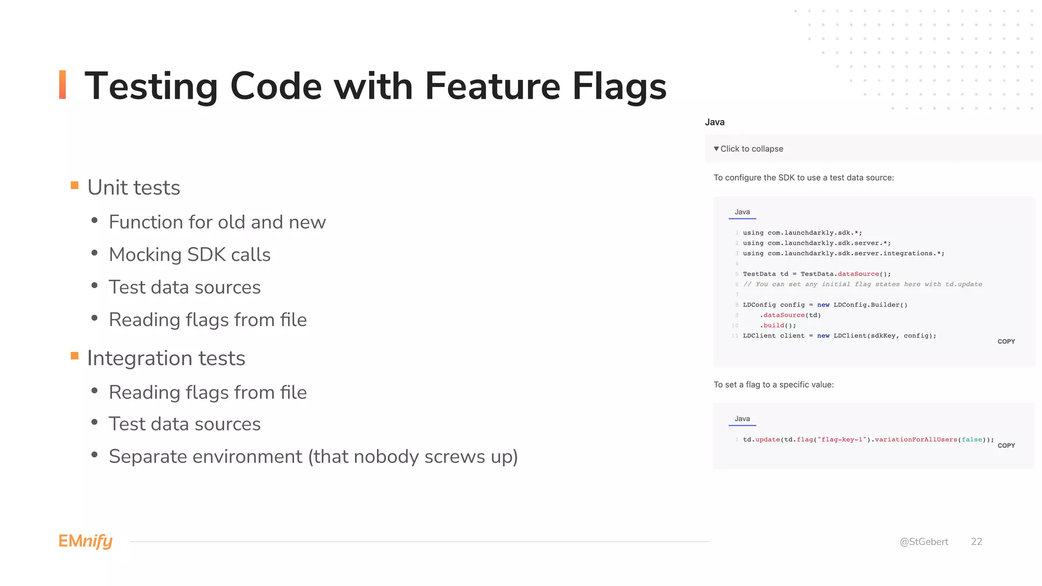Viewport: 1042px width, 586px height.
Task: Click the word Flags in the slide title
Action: click(619, 86)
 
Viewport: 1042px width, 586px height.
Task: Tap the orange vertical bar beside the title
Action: click(63, 84)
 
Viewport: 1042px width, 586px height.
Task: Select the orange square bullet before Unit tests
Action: click(75, 185)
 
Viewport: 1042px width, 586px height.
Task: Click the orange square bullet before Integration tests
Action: click(75, 356)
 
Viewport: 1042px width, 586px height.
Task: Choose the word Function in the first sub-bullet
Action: click(144, 222)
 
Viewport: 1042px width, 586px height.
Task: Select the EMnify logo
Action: click(85, 541)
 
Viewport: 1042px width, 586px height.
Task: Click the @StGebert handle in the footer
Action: click(924, 542)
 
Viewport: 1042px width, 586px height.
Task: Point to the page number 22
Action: click(976, 542)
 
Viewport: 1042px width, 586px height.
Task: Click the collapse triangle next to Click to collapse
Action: click(716, 149)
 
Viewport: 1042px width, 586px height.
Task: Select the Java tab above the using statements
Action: click(742, 212)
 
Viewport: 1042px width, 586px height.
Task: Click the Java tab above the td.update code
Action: click(742, 419)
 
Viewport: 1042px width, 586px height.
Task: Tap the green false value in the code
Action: click(972, 439)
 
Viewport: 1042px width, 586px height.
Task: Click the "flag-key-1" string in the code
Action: click(842, 439)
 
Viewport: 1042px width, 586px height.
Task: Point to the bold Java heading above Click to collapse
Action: click(715, 122)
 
